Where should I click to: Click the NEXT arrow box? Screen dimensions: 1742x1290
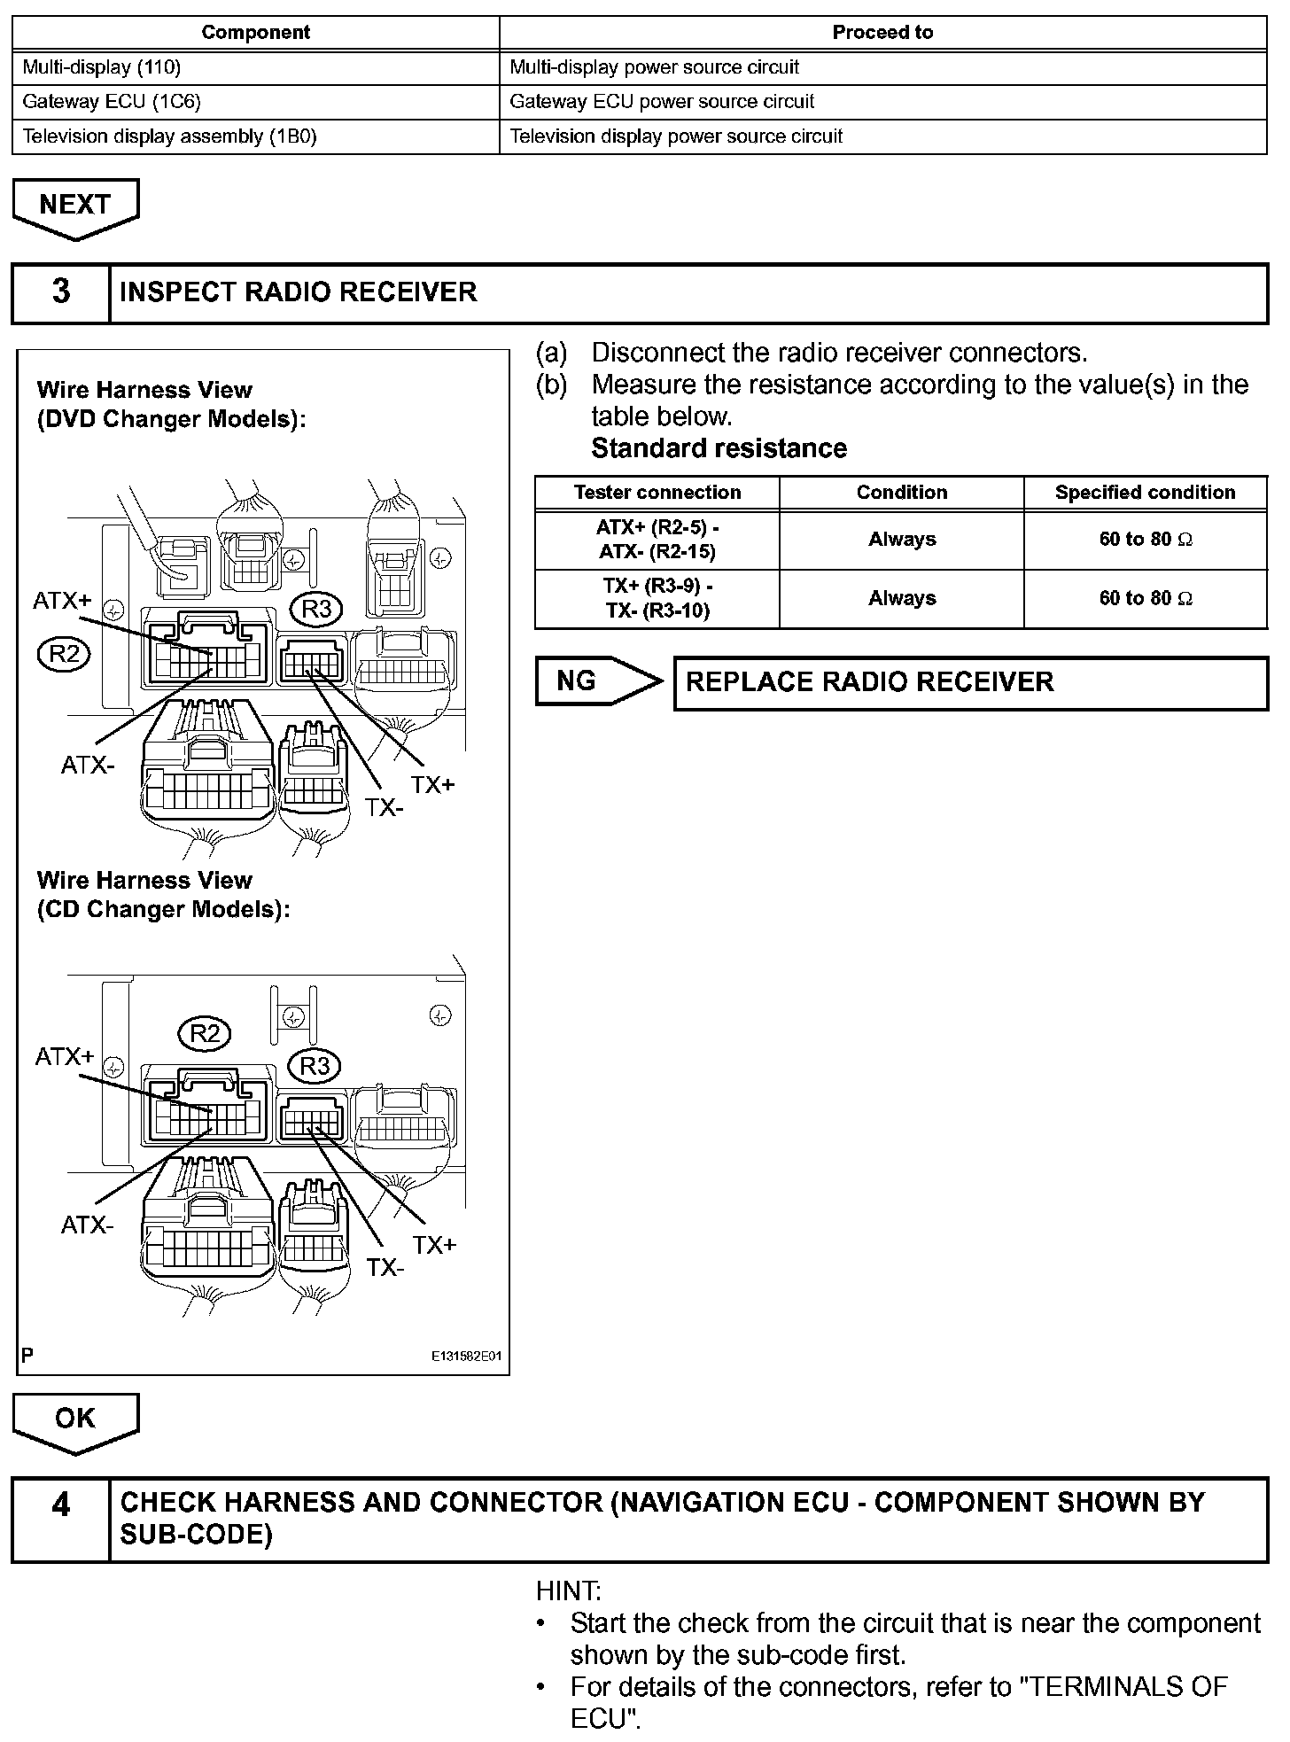(75, 206)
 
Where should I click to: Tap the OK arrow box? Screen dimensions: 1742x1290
(75, 1419)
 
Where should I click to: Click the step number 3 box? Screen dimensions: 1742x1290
(61, 292)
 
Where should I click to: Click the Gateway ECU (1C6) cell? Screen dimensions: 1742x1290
(255, 102)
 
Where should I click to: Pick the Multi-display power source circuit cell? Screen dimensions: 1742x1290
(882, 67)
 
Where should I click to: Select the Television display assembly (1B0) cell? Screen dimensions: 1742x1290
(255, 136)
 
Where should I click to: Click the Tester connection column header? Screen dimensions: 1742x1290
(657, 493)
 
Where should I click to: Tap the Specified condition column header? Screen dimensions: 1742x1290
(1145, 493)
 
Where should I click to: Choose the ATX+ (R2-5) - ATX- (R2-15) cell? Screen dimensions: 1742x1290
(657, 540)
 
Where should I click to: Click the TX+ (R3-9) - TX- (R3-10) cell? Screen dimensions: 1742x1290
(657, 599)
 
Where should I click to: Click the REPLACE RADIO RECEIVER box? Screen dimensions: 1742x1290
(970, 682)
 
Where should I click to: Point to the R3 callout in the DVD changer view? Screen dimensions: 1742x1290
(316, 610)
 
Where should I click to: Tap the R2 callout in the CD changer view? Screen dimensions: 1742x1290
(205, 1034)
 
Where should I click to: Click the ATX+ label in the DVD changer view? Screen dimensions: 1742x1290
(62, 601)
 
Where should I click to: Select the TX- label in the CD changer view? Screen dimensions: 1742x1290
(385, 1268)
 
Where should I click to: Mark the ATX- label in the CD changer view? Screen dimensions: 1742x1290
(87, 1225)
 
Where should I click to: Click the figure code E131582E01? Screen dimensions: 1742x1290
(466, 1357)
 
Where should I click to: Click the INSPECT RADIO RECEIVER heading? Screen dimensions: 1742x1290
(299, 292)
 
